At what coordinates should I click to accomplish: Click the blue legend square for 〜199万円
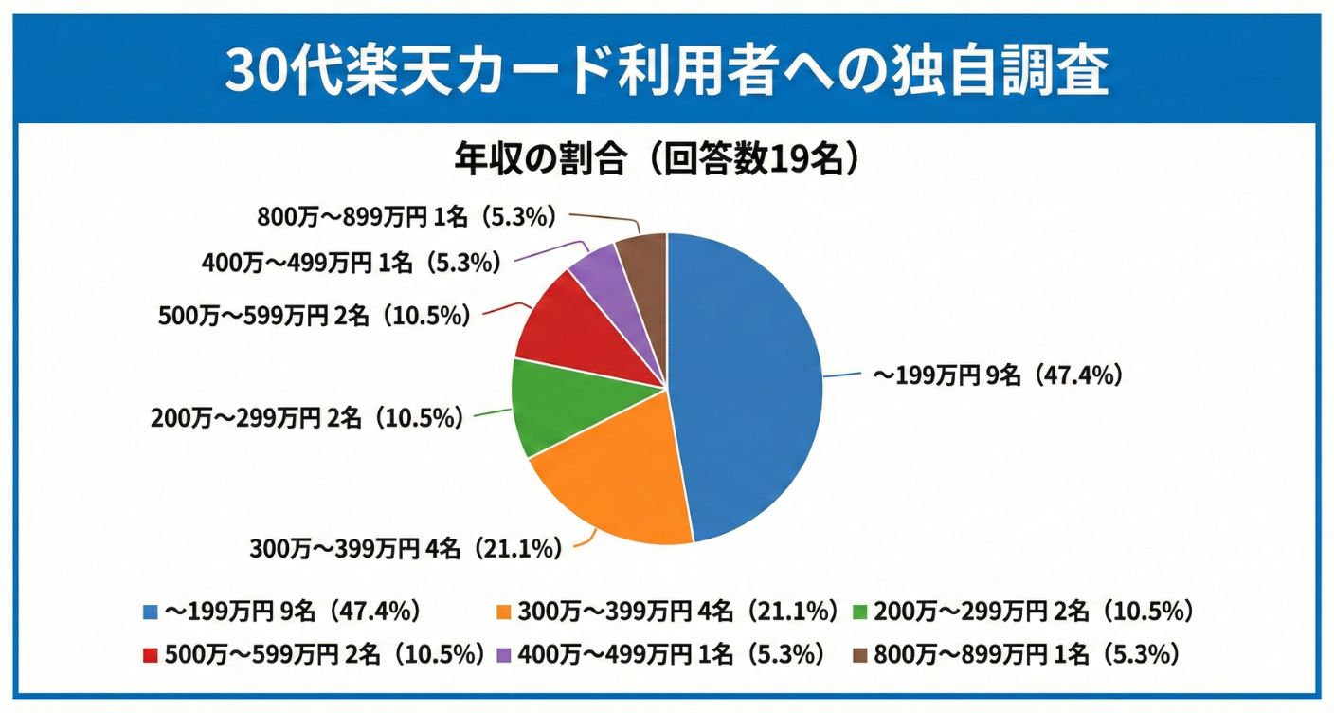pos(150,612)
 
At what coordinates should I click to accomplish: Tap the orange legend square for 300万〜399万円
pos(503,612)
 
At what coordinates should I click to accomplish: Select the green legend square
pos(860,612)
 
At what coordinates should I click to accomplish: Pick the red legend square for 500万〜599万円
pos(150,654)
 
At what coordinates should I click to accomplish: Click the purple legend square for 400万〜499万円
pos(503,654)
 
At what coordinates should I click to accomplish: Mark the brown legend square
pos(860,654)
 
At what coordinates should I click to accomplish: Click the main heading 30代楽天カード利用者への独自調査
pos(666,68)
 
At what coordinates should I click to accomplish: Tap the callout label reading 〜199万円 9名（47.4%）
pos(997,376)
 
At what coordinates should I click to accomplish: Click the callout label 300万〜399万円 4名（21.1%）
pos(406,548)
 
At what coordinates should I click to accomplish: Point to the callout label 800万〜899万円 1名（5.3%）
pos(405,217)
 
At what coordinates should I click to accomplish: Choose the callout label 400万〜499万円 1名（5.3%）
pos(351,264)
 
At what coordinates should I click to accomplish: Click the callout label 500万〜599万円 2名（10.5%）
pos(314,316)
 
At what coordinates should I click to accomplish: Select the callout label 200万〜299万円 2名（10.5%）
pos(307,418)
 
